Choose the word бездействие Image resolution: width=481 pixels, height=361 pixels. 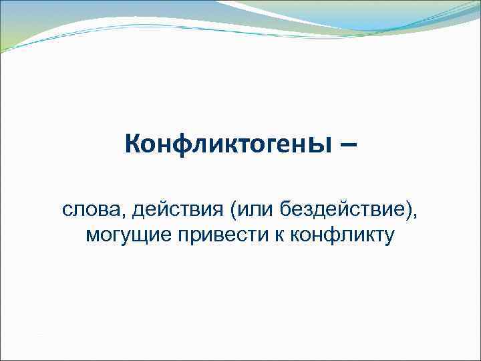[x=343, y=212]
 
